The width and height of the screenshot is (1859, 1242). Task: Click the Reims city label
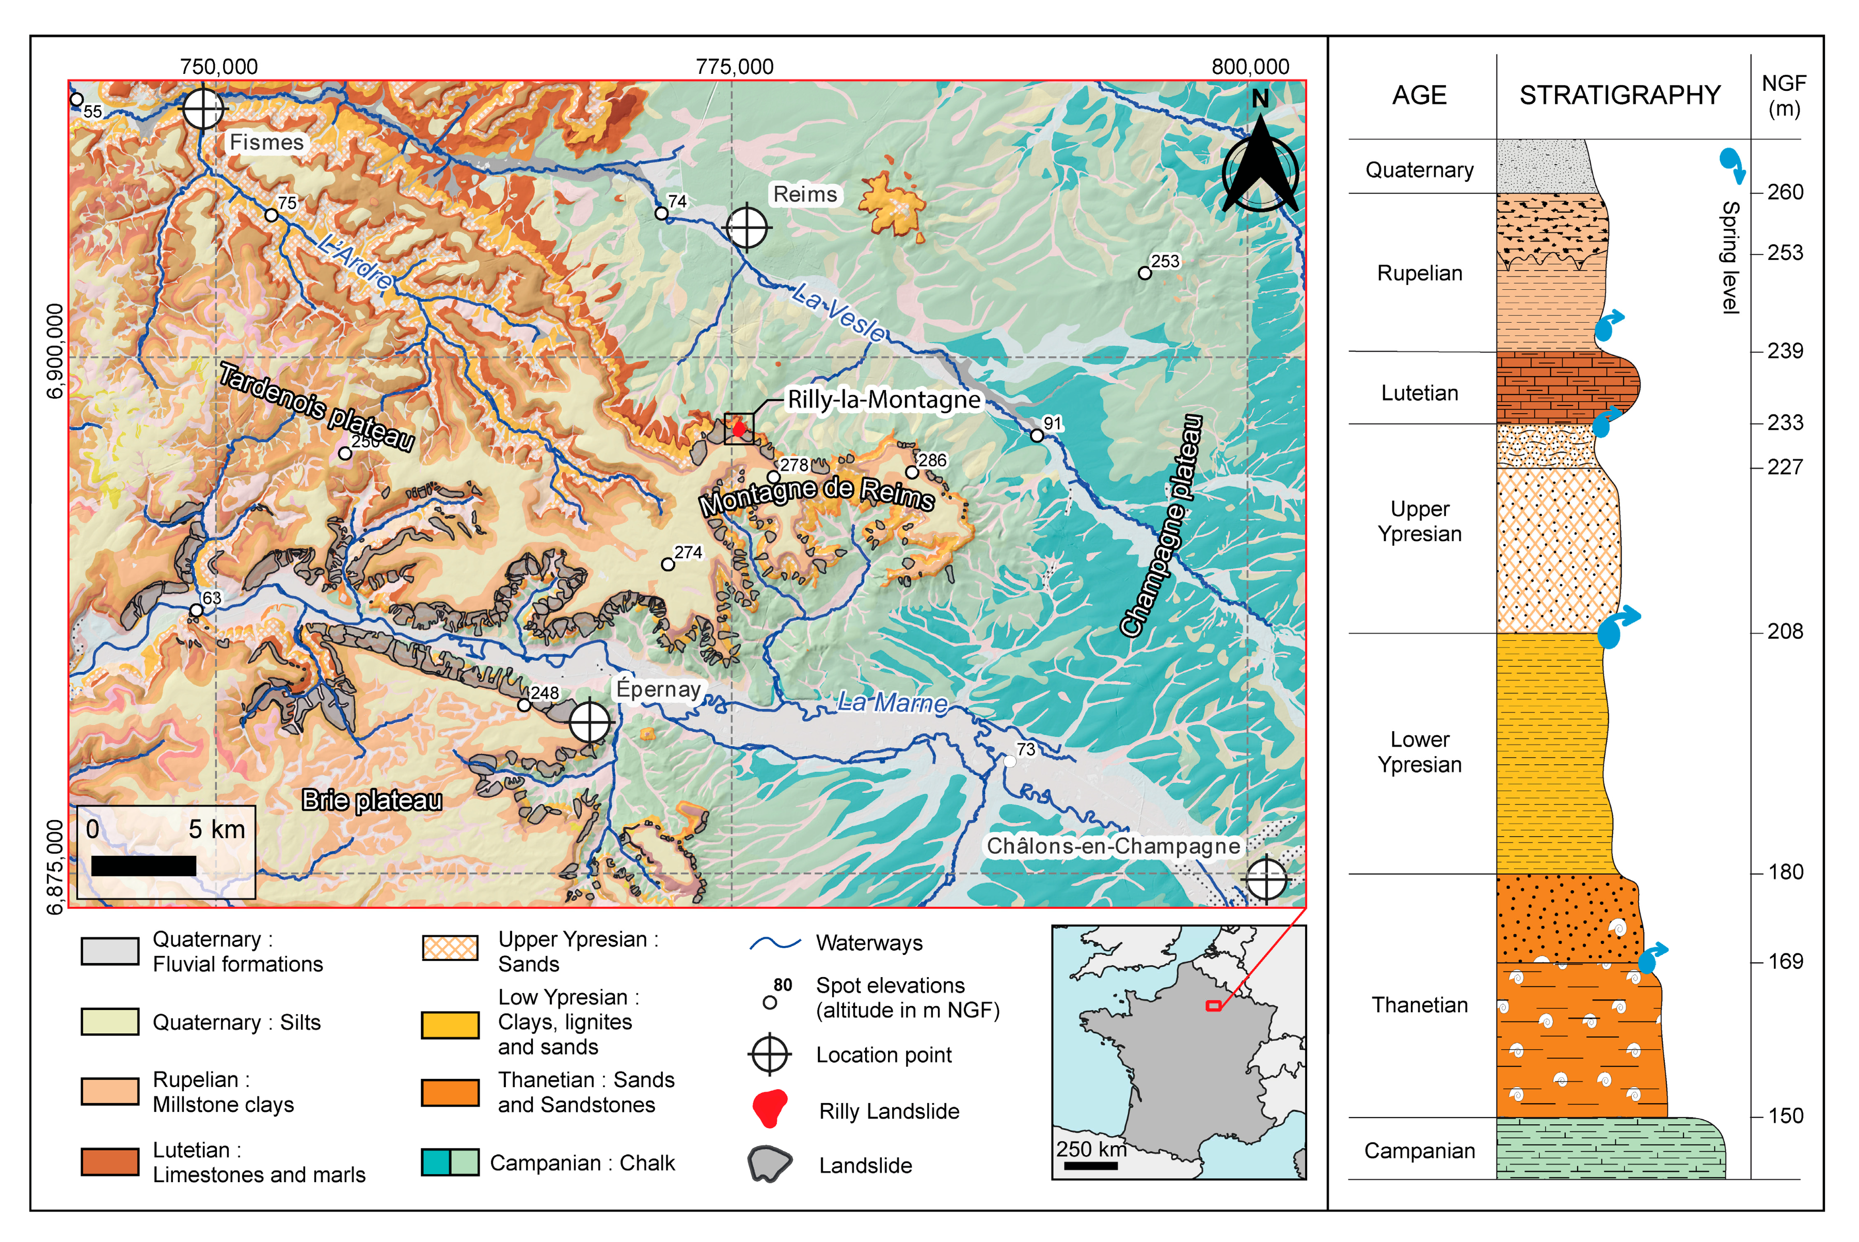(x=804, y=194)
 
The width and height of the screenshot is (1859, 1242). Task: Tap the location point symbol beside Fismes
(x=203, y=108)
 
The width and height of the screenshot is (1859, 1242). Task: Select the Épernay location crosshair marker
(x=590, y=721)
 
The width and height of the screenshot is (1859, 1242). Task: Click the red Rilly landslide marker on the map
(x=739, y=429)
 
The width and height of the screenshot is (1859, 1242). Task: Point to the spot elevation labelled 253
(x=1145, y=273)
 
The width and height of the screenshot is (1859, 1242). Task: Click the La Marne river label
(x=892, y=702)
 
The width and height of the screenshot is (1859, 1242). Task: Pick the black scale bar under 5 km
(x=144, y=866)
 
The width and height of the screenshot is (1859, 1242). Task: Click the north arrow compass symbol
(x=1260, y=162)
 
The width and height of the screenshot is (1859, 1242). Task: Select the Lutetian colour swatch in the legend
(x=110, y=1161)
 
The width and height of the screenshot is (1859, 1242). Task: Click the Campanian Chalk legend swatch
(x=450, y=1162)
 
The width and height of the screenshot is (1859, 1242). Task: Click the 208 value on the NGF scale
(x=1785, y=631)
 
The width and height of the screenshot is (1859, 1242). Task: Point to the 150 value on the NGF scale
(x=1785, y=1116)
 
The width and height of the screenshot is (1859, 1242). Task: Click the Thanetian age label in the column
(x=1420, y=1005)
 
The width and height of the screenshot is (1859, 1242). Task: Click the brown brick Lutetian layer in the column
(x=1564, y=387)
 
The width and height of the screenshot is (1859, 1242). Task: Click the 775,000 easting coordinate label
(x=735, y=67)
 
